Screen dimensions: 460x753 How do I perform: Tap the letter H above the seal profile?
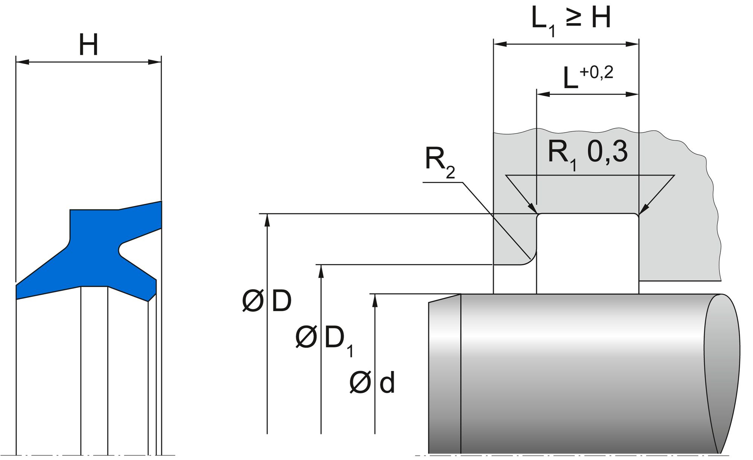[88, 45]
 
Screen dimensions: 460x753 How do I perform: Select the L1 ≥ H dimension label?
[570, 19]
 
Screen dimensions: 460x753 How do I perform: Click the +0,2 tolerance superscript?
[596, 72]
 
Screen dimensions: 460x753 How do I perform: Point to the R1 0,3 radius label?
[587, 153]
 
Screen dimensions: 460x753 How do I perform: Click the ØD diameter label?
[267, 301]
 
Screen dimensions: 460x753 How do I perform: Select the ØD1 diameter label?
[324, 339]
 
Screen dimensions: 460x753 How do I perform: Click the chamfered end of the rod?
[445, 373]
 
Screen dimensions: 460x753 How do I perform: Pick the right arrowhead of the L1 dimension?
[633, 44]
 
